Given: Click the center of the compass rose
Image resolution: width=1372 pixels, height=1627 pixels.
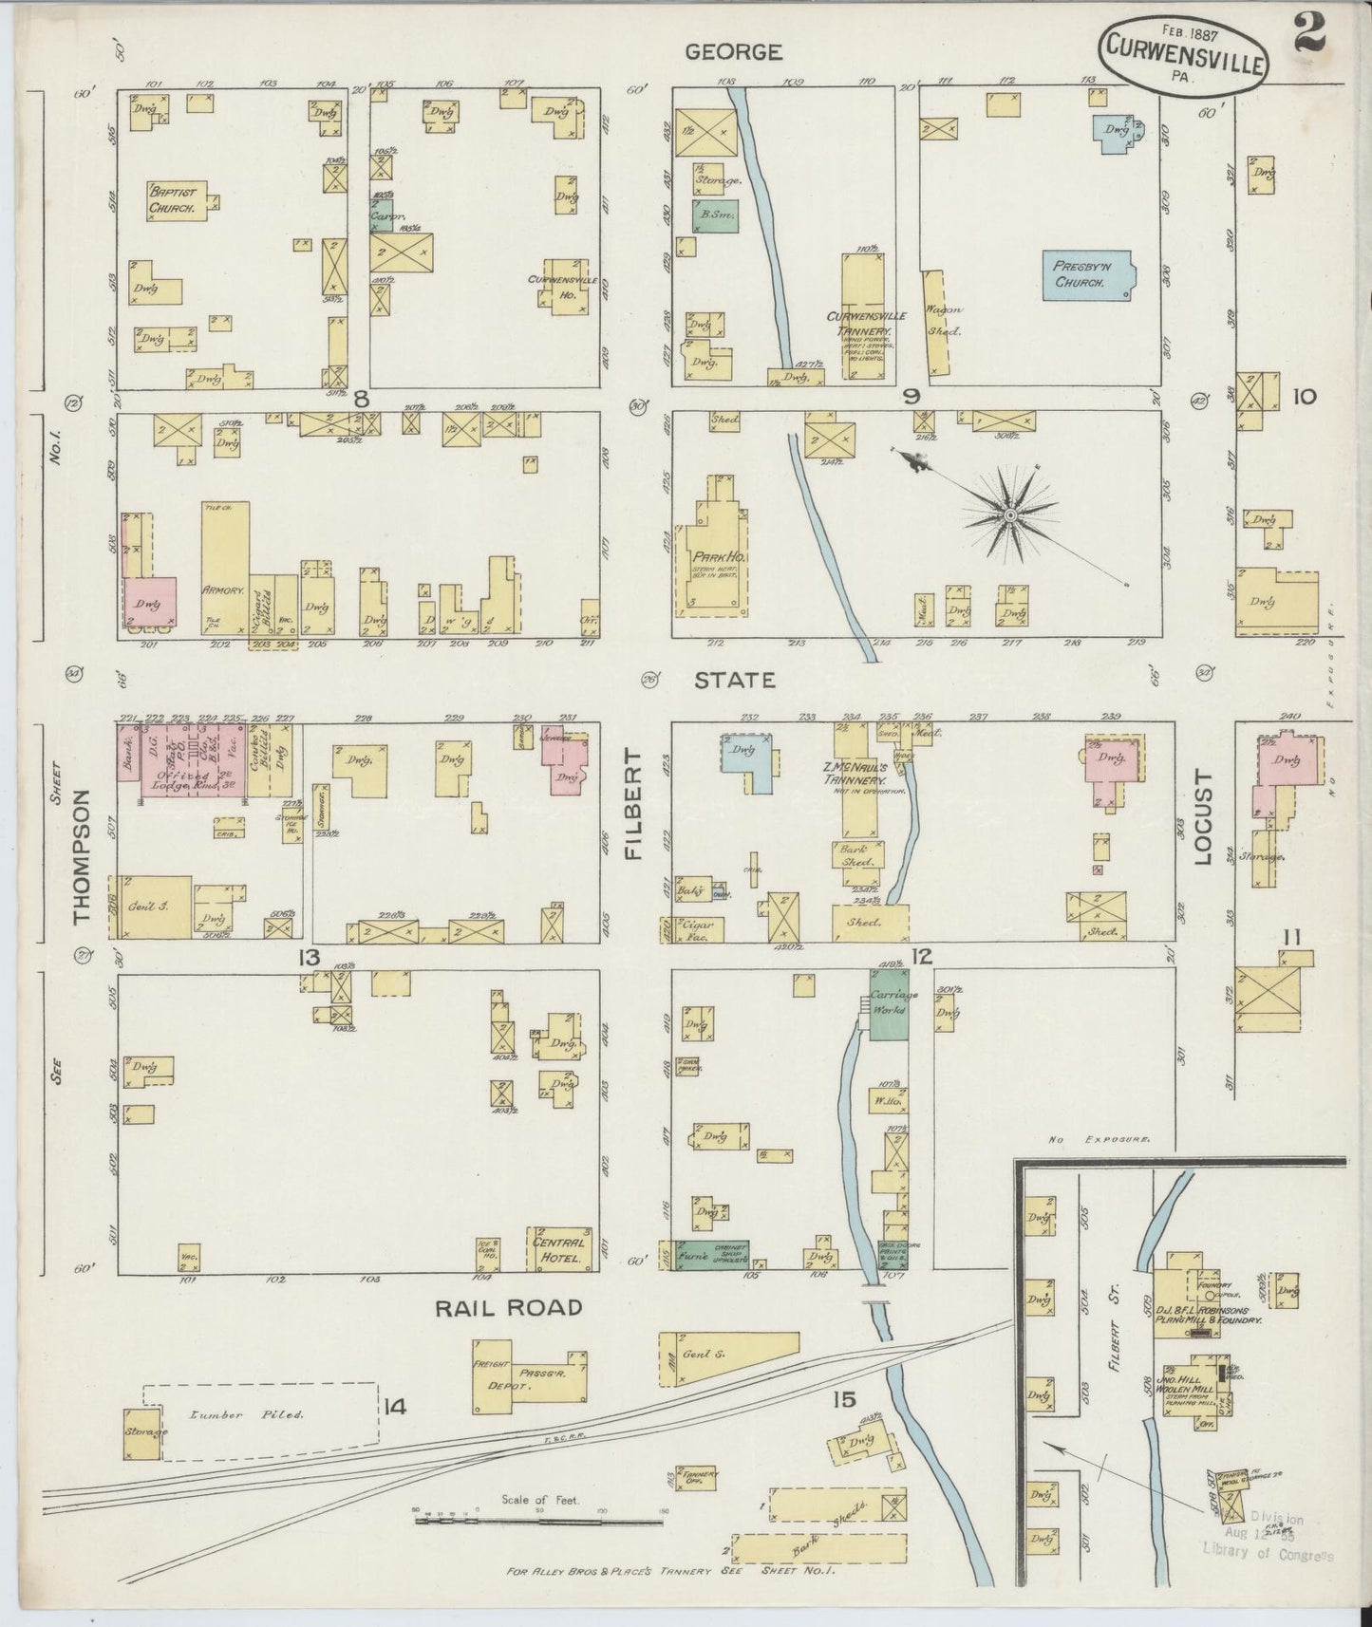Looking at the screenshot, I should coord(1010,515).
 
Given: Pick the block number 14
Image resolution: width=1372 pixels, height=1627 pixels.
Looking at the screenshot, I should coord(395,1407).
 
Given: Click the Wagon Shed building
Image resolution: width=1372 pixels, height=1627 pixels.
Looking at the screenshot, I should coord(937,321).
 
